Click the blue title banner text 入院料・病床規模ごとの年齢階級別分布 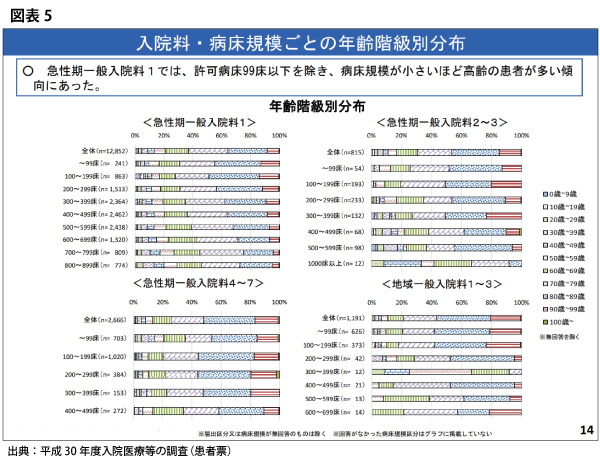[x=301, y=44]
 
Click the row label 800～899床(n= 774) [x=98, y=265]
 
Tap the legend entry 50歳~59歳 [x=560, y=257]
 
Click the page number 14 [x=585, y=429]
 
